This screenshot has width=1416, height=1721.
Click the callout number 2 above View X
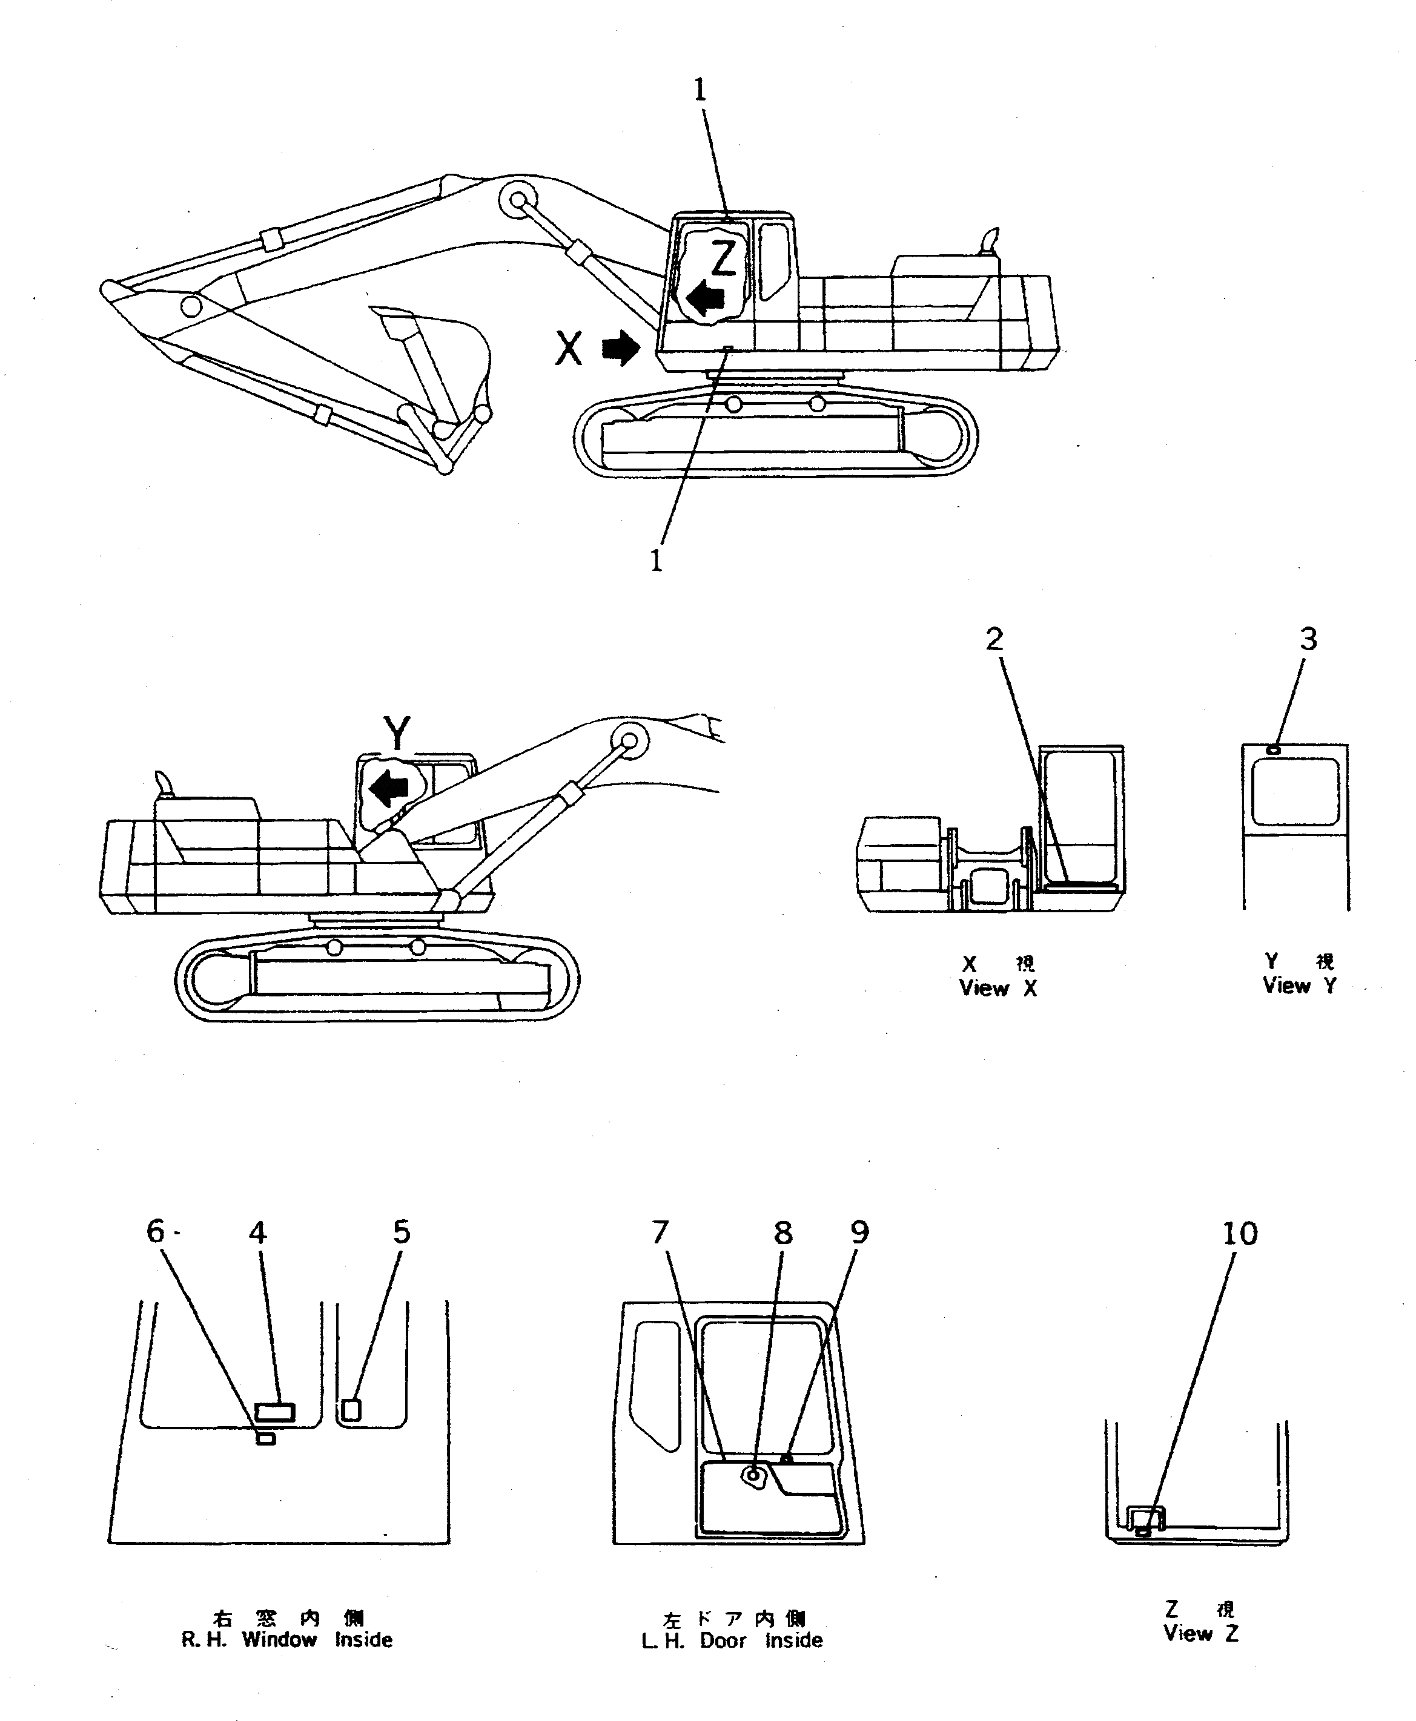pos(993,640)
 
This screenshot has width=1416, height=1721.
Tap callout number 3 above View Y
pos(1308,639)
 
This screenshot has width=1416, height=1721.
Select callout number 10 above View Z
pos(1240,1234)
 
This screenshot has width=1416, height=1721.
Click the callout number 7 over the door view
pos(660,1232)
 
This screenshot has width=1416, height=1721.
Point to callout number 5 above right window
pos(402,1232)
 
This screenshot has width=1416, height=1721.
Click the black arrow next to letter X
pos(621,348)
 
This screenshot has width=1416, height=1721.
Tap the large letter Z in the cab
pos(724,258)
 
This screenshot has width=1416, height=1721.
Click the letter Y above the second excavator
pos(397,733)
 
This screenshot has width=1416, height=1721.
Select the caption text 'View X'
pos(998,988)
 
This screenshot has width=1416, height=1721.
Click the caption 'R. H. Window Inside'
pos(286,1639)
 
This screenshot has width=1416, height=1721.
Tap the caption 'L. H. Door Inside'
pos(732,1640)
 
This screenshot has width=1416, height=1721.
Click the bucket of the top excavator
pos(440,359)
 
